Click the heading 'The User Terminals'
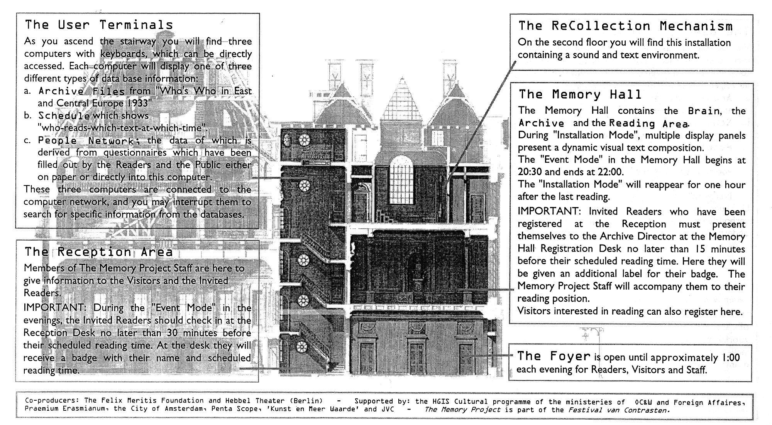pos(99,25)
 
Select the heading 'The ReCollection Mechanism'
pos(625,26)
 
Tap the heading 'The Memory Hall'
pos(580,94)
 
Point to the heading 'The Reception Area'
pos(98,252)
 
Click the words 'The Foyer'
pos(554,356)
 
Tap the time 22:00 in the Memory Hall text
pos(609,172)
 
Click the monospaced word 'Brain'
pos(704,111)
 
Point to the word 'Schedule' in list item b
pos(64,116)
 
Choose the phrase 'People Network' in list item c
pos(86,141)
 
